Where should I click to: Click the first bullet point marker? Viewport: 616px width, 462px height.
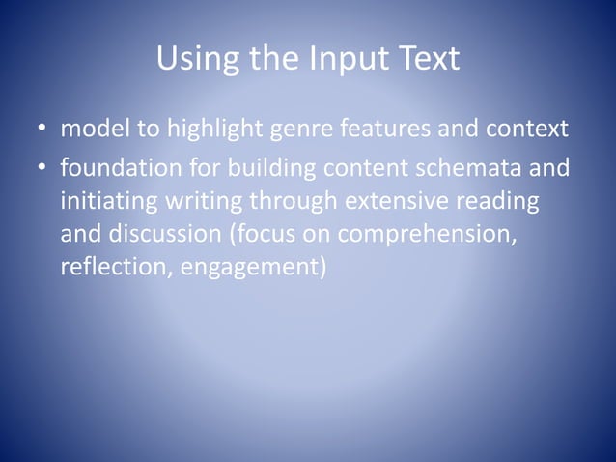pyautogui.click(x=43, y=130)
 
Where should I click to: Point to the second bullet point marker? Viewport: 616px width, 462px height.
pyautogui.click(x=43, y=170)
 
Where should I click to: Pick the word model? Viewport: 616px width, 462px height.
pyautogui.click(x=89, y=130)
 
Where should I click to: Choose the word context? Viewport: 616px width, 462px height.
pyautogui.click(x=527, y=130)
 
